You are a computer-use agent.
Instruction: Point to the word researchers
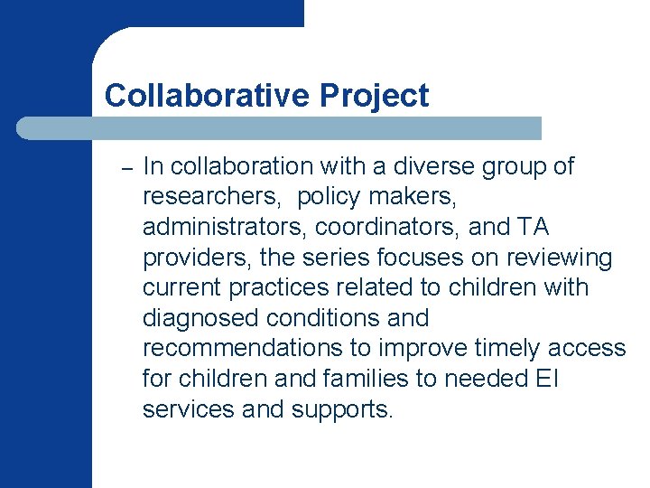click(211, 197)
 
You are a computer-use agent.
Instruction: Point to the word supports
click(342, 410)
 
